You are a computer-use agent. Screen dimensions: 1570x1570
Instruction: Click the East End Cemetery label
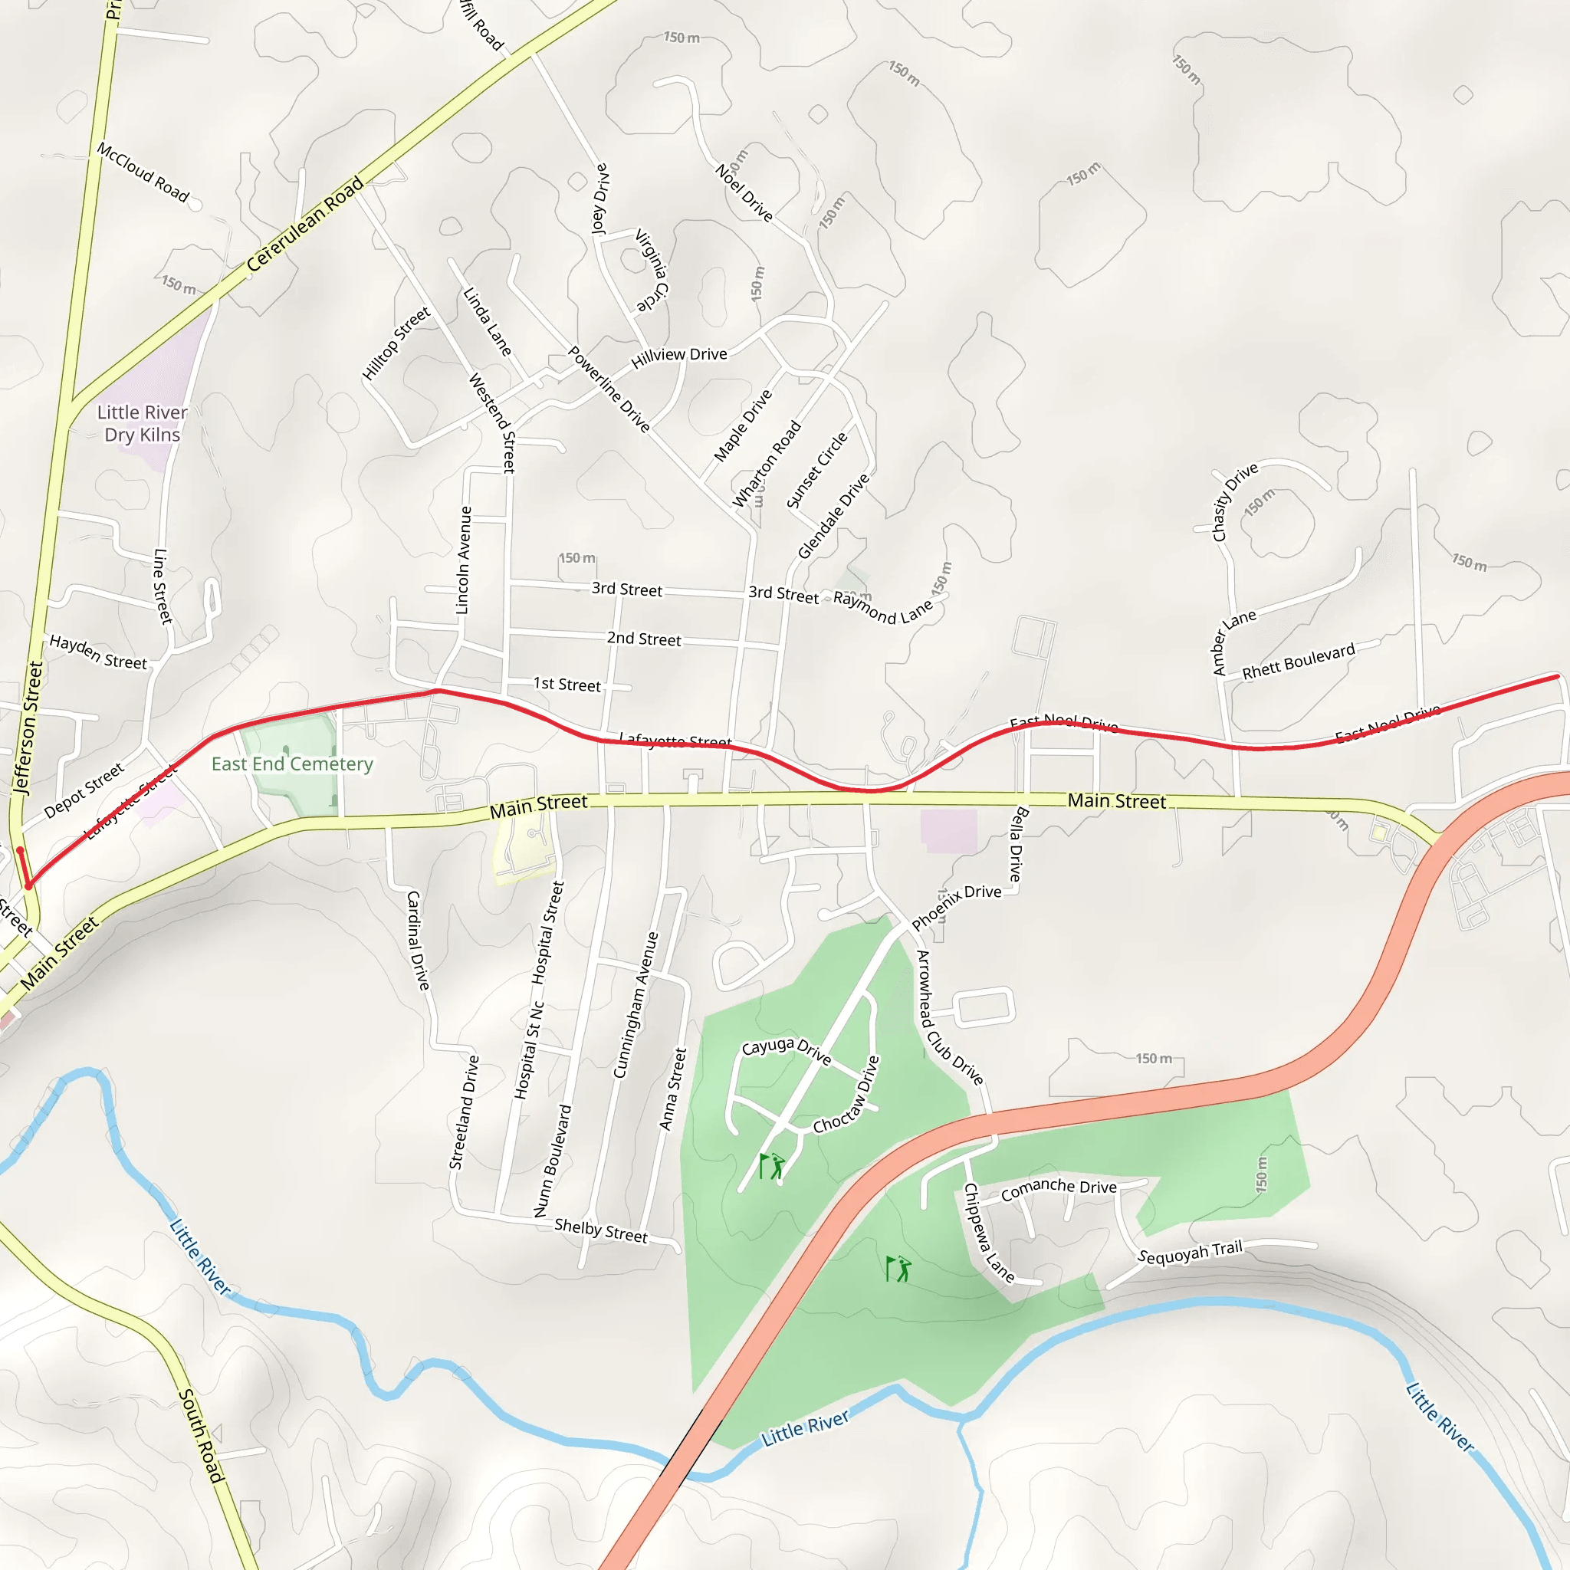click(x=292, y=764)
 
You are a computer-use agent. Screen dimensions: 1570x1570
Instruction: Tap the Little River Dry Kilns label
click(x=143, y=423)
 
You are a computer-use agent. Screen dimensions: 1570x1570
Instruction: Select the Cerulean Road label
click(x=305, y=225)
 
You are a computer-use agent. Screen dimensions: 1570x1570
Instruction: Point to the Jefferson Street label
click(x=28, y=727)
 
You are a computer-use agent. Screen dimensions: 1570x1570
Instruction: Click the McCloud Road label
click(x=143, y=172)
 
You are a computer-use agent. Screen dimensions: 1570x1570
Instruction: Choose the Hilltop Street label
click(x=396, y=343)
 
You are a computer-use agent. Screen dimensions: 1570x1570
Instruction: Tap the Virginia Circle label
click(x=652, y=271)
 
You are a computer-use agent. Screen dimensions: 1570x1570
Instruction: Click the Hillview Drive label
click(x=678, y=355)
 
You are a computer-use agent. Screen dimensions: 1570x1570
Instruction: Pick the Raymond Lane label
click(x=882, y=608)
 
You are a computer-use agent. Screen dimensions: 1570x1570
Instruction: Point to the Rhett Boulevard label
click(x=1299, y=661)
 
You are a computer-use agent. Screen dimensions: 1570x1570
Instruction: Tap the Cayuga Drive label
click(x=786, y=1050)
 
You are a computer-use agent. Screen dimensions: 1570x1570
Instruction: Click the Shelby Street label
click(x=600, y=1230)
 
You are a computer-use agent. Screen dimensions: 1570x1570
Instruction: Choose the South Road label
click(x=200, y=1436)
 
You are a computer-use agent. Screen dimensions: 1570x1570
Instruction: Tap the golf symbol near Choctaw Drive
click(x=772, y=1165)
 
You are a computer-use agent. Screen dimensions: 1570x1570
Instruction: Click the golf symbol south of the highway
click(x=898, y=1269)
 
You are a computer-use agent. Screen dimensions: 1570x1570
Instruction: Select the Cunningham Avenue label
click(x=636, y=1004)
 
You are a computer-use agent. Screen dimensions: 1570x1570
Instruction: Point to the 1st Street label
click(x=567, y=685)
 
